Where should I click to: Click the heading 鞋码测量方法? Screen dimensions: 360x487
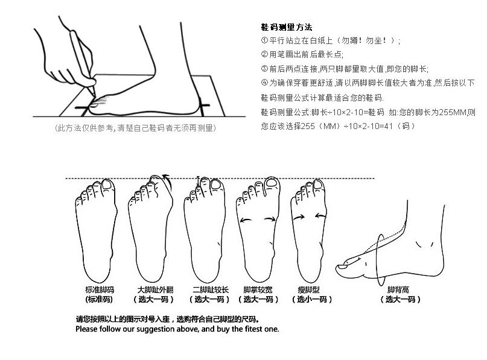click(x=286, y=28)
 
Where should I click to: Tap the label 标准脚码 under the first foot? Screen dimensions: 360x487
click(x=99, y=289)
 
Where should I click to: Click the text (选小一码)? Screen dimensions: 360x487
click(x=312, y=300)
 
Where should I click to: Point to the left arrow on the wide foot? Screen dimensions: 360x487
click(x=246, y=221)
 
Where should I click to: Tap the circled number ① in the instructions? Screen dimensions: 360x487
click(x=264, y=41)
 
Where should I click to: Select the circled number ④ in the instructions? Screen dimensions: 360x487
click(x=264, y=83)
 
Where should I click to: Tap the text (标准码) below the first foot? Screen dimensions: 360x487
click(x=99, y=300)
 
